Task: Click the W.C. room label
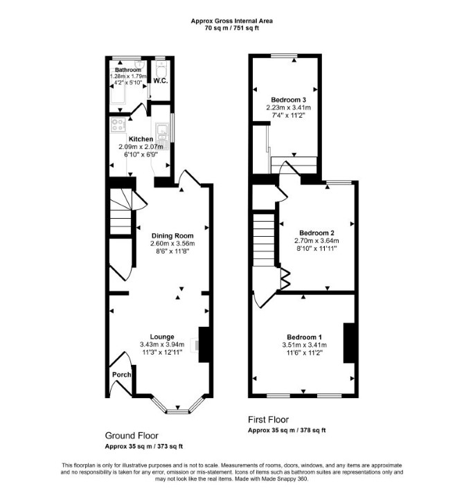click(161, 81)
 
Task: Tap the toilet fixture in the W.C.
click(161, 69)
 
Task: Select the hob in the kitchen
click(118, 125)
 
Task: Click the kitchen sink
click(163, 135)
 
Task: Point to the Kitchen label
click(141, 139)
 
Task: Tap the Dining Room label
click(172, 235)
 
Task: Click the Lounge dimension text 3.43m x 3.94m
click(162, 344)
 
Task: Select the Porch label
click(122, 375)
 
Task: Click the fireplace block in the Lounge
click(204, 345)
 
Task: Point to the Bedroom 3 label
click(288, 100)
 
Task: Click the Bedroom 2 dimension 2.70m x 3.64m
click(316, 241)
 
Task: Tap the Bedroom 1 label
click(304, 337)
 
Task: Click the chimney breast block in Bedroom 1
click(349, 343)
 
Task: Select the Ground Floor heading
click(132, 436)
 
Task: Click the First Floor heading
click(268, 420)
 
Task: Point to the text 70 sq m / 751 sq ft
click(232, 28)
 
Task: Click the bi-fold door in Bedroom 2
click(285, 278)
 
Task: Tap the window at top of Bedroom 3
click(284, 55)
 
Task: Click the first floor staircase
click(264, 240)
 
